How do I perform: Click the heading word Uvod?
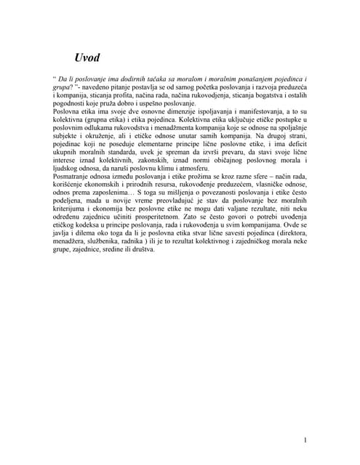point(87,57)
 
